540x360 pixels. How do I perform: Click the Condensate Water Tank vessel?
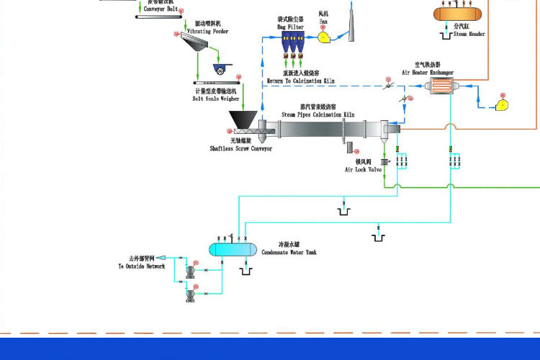[x=233, y=249]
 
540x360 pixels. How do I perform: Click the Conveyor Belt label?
[x=163, y=9]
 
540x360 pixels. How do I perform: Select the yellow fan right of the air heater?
[x=502, y=106]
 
